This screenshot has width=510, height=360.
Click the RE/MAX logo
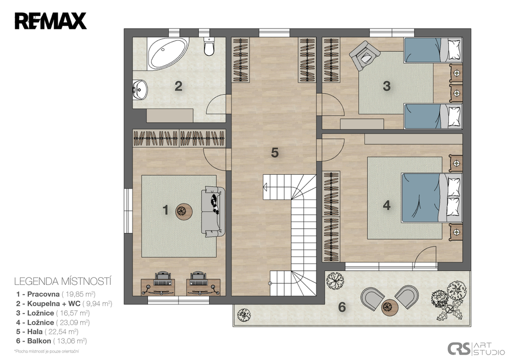[x=50, y=21]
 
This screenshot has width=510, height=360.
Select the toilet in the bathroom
[x=209, y=46]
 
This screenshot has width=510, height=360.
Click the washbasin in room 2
[x=140, y=90]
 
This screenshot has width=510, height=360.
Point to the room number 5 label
[x=275, y=152]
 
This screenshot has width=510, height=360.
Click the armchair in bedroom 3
[x=364, y=55]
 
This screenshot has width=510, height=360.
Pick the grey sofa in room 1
[x=213, y=212]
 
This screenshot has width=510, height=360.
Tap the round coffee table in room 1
[x=184, y=212]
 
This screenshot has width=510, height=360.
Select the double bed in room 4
[x=432, y=198]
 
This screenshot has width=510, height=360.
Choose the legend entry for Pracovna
[x=56, y=294]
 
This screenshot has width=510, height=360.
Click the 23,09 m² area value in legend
[x=73, y=323]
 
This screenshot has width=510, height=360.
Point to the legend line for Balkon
[x=51, y=341]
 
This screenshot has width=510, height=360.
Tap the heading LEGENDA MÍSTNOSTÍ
[x=63, y=281]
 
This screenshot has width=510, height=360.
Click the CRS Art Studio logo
[x=476, y=349]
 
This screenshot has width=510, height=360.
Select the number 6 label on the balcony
[x=342, y=307]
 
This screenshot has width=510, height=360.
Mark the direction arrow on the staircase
[x=265, y=187]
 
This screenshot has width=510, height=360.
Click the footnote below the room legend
[x=46, y=351]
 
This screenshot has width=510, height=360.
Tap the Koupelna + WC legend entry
[x=64, y=304]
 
